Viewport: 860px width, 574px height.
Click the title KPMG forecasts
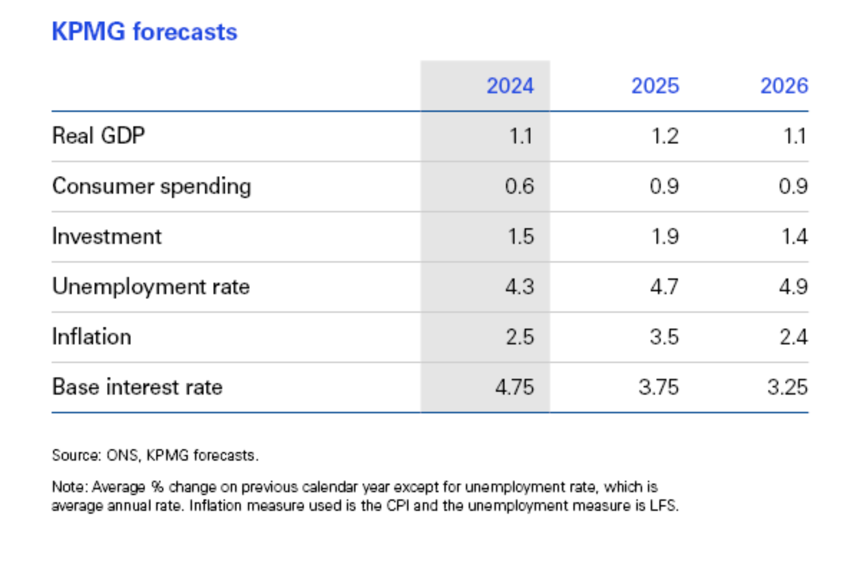(144, 32)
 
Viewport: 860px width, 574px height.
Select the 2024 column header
(510, 86)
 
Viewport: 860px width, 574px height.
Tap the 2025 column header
(655, 86)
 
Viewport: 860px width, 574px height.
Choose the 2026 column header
(784, 86)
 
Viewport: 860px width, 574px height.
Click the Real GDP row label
(99, 136)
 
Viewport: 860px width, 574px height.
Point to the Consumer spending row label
(151, 187)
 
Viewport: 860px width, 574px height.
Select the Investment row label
(107, 236)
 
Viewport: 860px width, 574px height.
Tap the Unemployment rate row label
(151, 286)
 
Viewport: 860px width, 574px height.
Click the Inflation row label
(92, 337)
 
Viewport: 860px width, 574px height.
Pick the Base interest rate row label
(137, 387)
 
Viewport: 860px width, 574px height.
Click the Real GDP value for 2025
(664, 136)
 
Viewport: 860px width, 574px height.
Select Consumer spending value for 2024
(519, 187)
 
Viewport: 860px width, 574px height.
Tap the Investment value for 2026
(795, 236)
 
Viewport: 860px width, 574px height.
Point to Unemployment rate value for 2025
(664, 286)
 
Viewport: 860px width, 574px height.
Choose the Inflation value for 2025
(664, 337)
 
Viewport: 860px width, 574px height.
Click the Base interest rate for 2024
(514, 387)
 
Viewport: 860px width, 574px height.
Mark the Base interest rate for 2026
(787, 387)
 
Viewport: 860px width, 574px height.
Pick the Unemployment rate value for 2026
(793, 286)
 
